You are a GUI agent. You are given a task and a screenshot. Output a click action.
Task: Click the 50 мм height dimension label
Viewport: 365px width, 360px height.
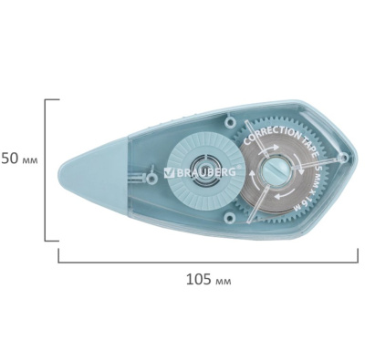pyautogui.click(x=20, y=159)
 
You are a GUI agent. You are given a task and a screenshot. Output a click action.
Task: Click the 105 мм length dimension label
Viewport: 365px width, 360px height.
pyautogui.click(x=209, y=280)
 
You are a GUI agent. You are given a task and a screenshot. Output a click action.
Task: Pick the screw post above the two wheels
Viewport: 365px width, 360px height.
pyautogui.click(x=230, y=122)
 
